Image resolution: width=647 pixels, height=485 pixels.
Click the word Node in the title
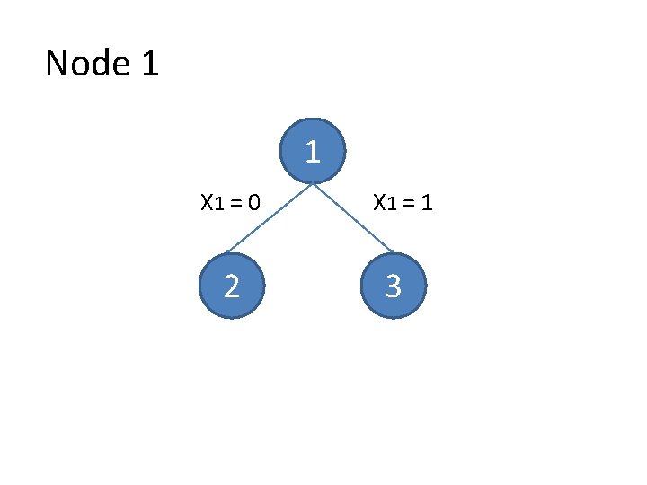pyautogui.click(x=85, y=64)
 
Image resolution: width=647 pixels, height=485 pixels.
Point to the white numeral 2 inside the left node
pyautogui.click(x=231, y=287)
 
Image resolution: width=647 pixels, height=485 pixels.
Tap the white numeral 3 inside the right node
pyautogui.click(x=393, y=287)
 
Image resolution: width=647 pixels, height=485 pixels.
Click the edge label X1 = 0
pyautogui.click(x=230, y=203)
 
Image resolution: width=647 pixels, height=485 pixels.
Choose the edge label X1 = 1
pyautogui.click(x=403, y=203)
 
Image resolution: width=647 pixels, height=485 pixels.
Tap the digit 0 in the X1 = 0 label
pyautogui.click(x=254, y=203)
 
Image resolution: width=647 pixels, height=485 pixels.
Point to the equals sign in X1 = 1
pyautogui.click(x=410, y=204)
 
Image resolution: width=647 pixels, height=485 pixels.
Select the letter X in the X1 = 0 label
pyautogui.click(x=206, y=203)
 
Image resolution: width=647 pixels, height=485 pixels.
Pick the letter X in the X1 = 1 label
pyautogui.click(x=379, y=203)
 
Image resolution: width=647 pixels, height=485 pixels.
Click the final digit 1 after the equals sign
pyautogui.click(x=428, y=203)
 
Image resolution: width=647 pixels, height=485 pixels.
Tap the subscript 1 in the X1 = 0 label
pyautogui.click(x=218, y=206)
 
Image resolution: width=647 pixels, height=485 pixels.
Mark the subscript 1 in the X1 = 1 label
pyautogui.click(x=392, y=206)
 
